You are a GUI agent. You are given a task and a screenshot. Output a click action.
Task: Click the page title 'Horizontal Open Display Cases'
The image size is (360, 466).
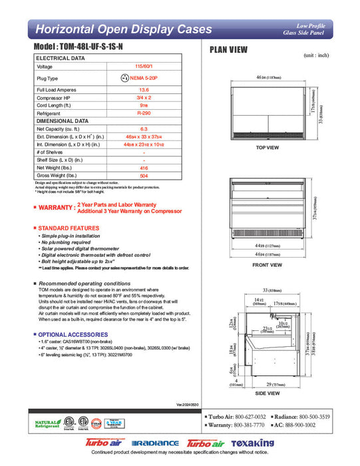point(123,29)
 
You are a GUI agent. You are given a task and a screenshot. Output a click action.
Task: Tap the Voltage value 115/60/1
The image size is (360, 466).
point(144,67)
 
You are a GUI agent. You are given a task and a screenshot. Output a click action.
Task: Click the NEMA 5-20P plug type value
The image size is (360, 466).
point(148,78)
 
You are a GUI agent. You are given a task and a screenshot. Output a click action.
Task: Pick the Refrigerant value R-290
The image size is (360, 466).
point(144,114)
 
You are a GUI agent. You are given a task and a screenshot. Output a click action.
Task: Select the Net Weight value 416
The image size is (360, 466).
point(144,169)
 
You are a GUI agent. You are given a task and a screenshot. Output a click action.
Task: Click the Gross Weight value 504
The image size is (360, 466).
point(144,176)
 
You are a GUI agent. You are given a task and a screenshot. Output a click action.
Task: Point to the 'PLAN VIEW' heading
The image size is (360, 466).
point(230,49)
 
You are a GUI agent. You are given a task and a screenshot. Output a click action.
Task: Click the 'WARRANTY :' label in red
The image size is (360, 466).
point(55,208)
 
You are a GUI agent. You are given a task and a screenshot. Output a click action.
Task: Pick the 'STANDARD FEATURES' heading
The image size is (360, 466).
point(69,228)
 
